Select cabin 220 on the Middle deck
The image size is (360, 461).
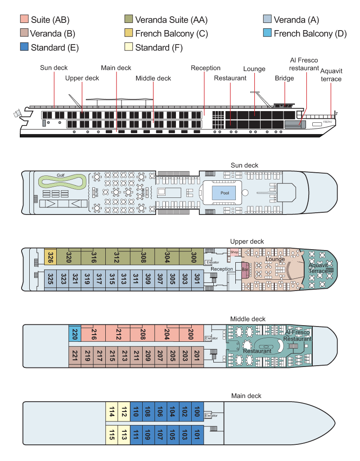pos(75,334)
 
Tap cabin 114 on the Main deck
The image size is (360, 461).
pos(112,412)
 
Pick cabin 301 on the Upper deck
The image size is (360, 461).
pos(197,279)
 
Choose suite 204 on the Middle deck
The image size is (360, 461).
pos(167,334)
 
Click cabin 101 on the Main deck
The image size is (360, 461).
pos(197,434)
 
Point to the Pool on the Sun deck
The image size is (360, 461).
pos(224,192)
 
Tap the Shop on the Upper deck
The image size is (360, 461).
pos(234,252)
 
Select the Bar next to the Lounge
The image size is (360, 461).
pos(245,270)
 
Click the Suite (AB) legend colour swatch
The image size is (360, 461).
pos(24,19)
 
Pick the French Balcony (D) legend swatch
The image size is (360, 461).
pos(267,33)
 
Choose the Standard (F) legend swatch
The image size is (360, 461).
pos(129,47)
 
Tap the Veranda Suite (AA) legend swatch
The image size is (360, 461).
pos(129,19)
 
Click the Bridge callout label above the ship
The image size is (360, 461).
pos(284,78)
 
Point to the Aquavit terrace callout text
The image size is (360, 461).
pos(331,75)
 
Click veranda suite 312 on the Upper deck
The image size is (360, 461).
pos(117,257)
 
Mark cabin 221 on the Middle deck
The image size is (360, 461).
pos(75,357)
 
